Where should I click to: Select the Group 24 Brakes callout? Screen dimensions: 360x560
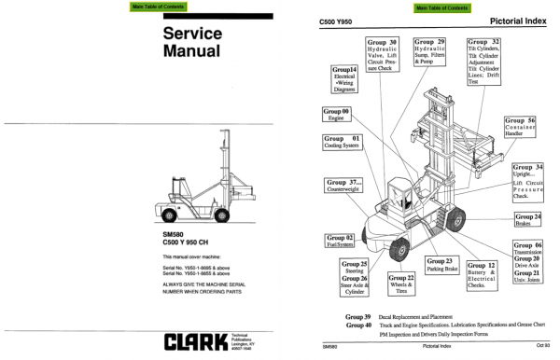(529, 220)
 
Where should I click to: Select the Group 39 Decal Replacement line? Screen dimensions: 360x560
(420, 317)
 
